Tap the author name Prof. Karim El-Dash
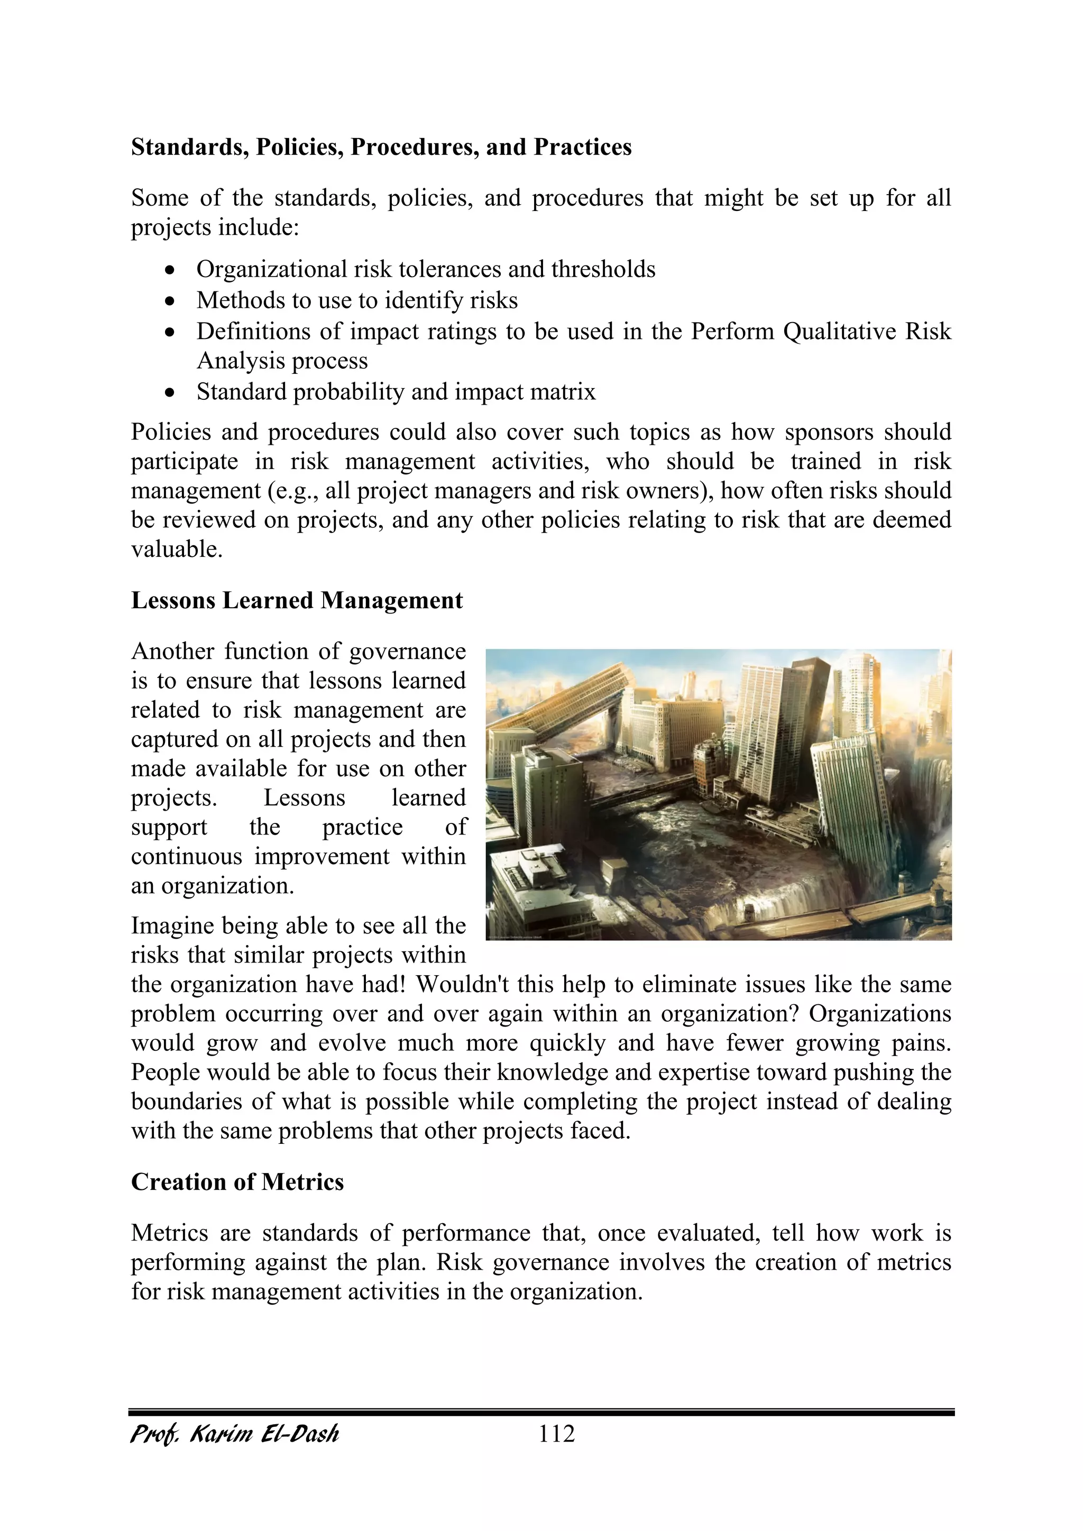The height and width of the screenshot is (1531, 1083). [x=235, y=1434]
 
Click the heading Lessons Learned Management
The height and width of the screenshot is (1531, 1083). [x=296, y=600]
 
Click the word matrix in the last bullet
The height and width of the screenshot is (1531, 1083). [x=570, y=391]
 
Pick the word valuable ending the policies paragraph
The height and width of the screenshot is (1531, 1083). [x=176, y=549]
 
